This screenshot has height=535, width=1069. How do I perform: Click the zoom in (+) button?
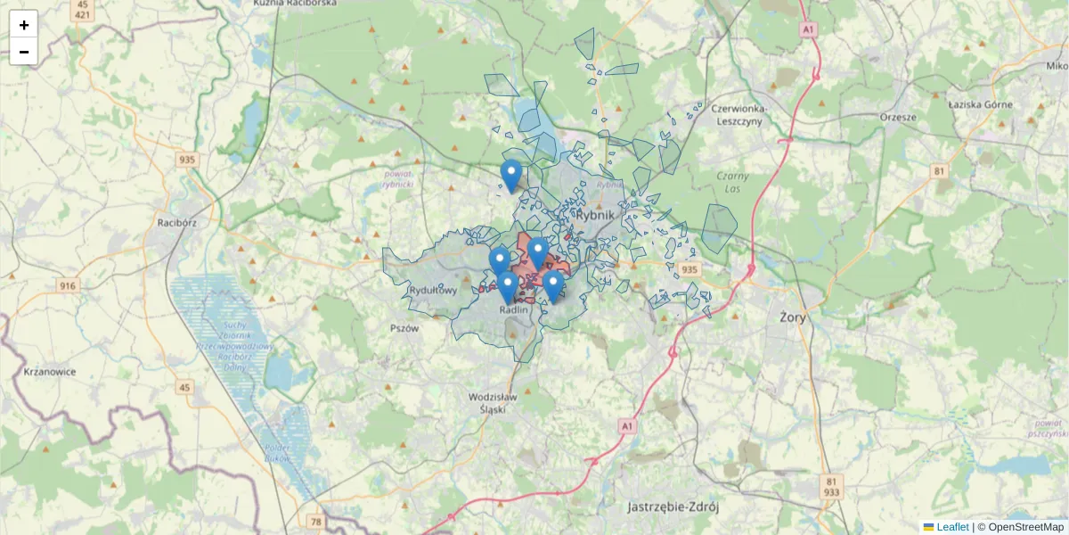pyautogui.click(x=23, y=24)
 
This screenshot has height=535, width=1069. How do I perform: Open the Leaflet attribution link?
pyautogui.click(x=952, y=527)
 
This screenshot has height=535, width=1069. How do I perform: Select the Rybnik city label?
pyautogui.click(x=597, y=215)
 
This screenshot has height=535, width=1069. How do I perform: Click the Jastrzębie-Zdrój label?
pyautogui.click(x=673, y=506)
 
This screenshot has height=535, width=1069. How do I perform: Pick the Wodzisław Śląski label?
pyautogui.click(x=493, y=402)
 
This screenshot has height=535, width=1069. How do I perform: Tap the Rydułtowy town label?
pyautogui.click(x=434, y=291)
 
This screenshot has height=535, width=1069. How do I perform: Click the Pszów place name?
pyautogui.click(x=404, y=327)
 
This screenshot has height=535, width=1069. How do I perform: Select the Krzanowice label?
pyautogui.click(x=50, y=371)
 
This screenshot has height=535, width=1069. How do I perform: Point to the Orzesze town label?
pyautogui.click(x=897, y=117)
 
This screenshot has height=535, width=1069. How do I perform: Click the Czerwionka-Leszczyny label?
pyautogui.click(x=739, y=115)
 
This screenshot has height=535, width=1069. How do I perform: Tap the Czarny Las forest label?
pyautogui.click(x=732, y=181)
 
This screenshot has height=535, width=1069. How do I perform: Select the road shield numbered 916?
pyautogui.click(x=68, y=285)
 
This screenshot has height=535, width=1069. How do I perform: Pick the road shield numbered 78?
pyautogui.click(x=316, y=520)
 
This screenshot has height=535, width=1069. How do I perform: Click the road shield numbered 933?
pyautogui.click(x=831, y=492)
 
